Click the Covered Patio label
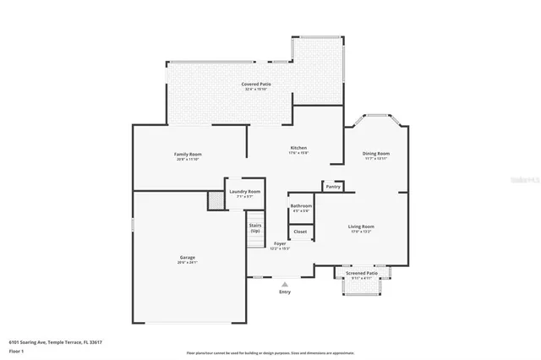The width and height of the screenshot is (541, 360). (255, 85)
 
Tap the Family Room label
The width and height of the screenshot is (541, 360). (188, 154)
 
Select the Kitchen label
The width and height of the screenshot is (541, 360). (298, 147)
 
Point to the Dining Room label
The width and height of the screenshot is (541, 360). (375, 154)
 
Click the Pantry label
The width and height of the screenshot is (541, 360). (333, 186)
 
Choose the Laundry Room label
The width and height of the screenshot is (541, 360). (244, 192)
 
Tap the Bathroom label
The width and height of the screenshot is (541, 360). (301, 206)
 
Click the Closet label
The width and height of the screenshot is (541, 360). (300, 231)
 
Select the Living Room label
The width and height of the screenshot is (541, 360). (361, 226)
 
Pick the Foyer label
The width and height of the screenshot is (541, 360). (280, 245)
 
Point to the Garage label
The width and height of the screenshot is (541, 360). (187, 259)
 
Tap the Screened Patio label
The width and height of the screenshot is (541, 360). (362, 272)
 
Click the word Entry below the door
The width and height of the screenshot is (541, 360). (285, 292)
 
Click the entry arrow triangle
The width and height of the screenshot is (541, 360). (285, 284)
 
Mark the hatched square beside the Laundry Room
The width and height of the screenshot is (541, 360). (216, 199)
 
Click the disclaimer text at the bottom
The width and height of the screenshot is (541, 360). (270, 352)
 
